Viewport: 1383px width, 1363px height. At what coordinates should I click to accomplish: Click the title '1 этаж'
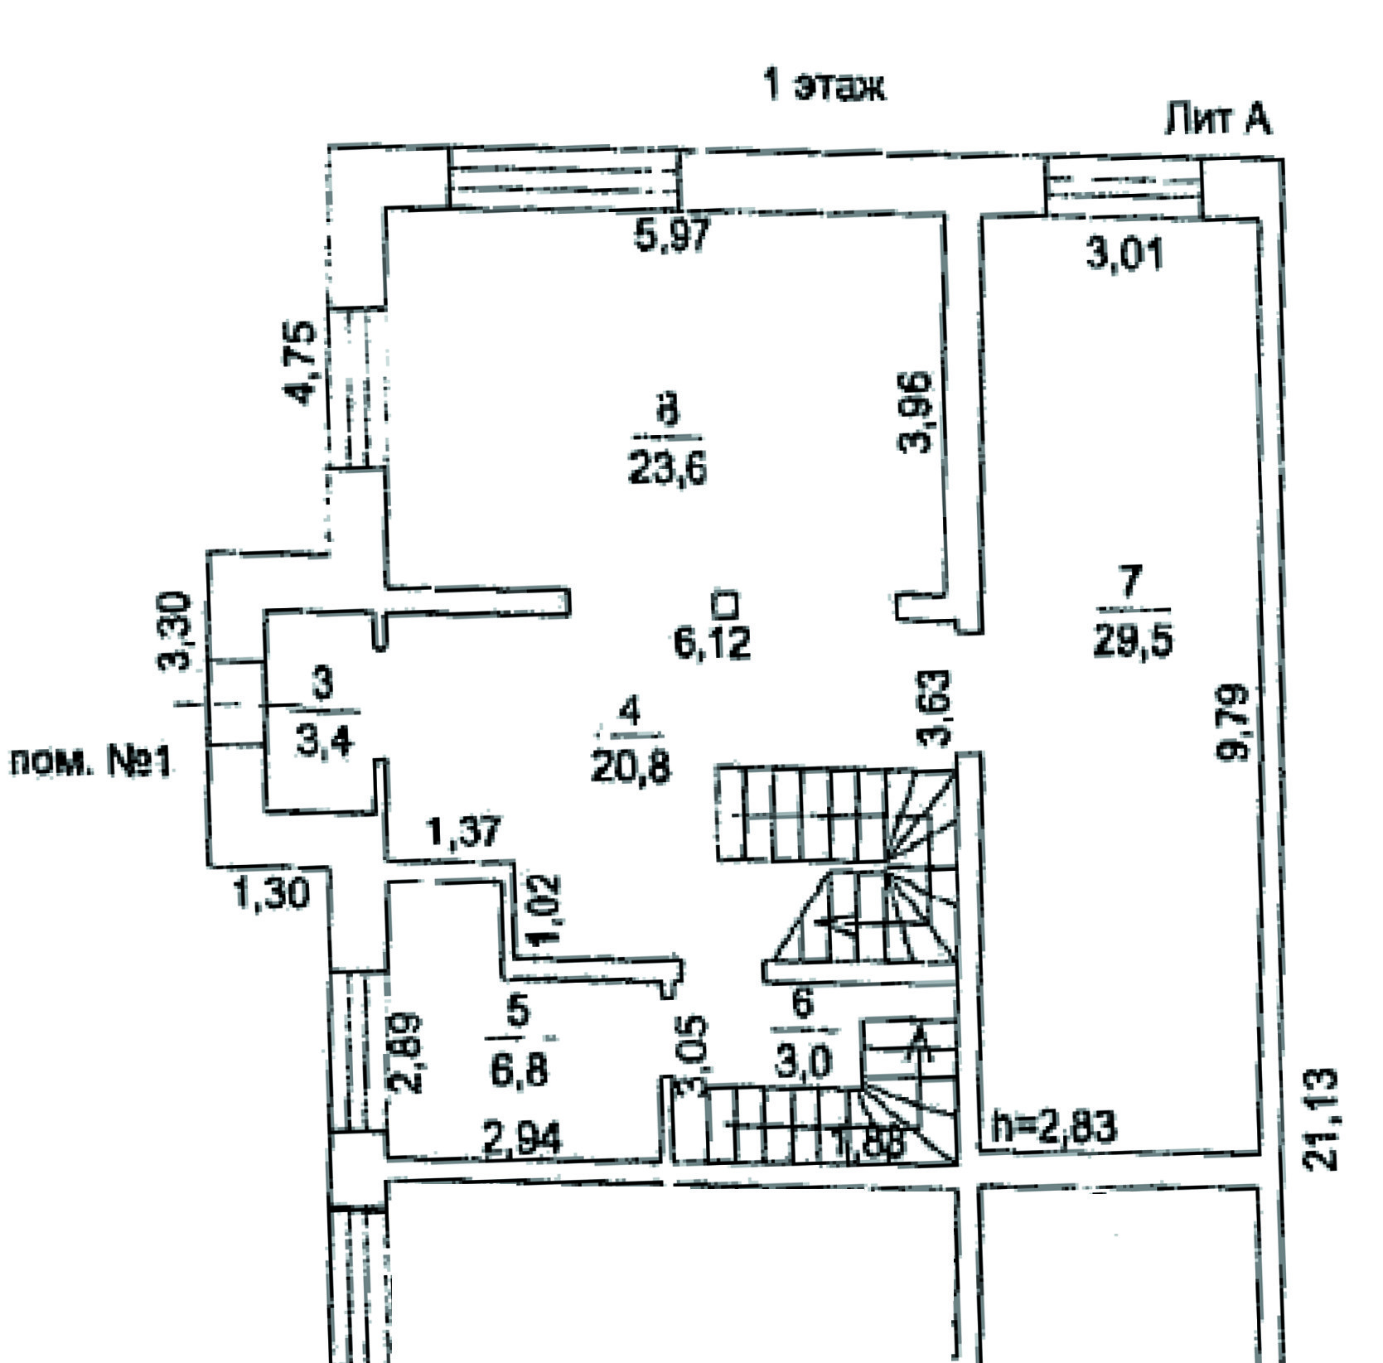[x=824, y=86]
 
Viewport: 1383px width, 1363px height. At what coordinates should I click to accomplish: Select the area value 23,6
[x=667, y=471]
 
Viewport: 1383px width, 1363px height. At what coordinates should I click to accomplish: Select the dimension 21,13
[x=1321, y=1120]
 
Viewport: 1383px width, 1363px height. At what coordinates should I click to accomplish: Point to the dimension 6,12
[x=713, y=644]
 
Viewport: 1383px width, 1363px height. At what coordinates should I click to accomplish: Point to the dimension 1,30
[x=271, y=893]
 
